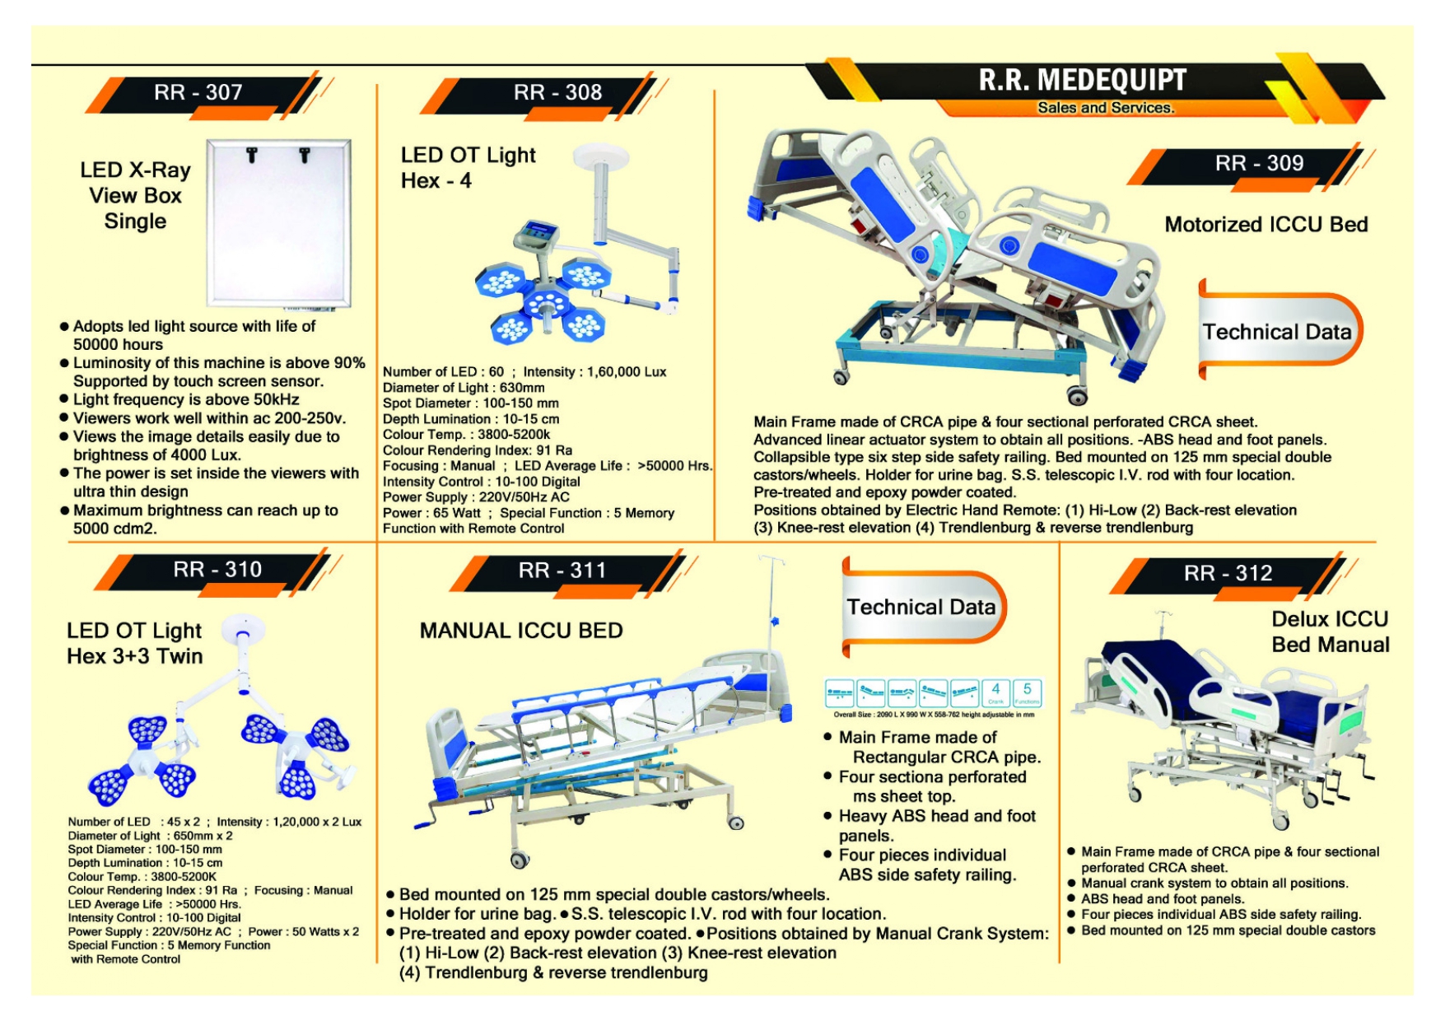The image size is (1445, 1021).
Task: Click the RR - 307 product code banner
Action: [x=198, y=93]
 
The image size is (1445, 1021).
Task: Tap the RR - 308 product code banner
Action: [x=557, y=93]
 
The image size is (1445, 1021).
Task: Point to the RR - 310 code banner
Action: [x=217, y=570]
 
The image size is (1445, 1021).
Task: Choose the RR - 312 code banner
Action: [x=1228, y=574]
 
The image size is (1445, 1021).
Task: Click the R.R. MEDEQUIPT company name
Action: [x=1082, y=80]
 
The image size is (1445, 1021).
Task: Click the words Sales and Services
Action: [x=1105, y=108]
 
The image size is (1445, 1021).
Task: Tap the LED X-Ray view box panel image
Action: [x=279, y=223]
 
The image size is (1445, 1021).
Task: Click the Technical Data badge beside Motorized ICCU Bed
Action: [x=1277, y=332]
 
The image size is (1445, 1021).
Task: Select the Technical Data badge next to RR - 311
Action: [x=921, y=608]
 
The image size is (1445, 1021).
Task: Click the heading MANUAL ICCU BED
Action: [x=521, y=631]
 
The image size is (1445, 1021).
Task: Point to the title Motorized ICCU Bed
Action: [x=1266, y=225]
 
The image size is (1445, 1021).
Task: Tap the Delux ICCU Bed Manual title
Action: [x=1330, y=632]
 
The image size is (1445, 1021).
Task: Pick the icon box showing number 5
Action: [x=1027, y=692]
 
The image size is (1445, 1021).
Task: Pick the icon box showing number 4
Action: [x=995, y=692]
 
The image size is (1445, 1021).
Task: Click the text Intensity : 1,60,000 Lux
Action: [x=594, y=372]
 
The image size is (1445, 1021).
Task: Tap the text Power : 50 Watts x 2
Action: [x=303, y=932]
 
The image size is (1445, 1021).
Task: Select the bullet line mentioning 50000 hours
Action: [x=193, y=335]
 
